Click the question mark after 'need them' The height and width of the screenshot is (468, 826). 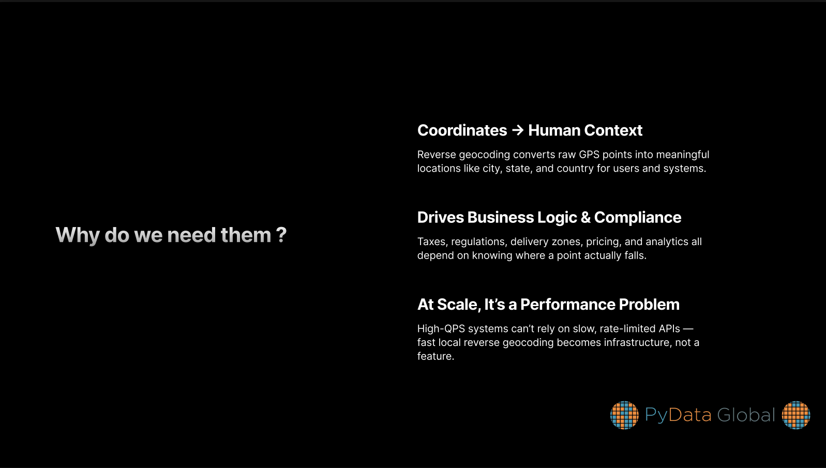point(281,235)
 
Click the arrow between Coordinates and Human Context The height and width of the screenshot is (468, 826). point(518,130)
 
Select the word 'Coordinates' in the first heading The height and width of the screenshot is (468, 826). point(462,130)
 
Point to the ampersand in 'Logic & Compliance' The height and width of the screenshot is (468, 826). point(585,217)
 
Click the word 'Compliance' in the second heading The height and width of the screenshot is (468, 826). point(638,218)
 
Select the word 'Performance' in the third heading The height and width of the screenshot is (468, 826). point(568,305)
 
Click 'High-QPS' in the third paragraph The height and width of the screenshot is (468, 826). point(441,328)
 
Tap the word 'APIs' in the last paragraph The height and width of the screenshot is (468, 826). point(669,328)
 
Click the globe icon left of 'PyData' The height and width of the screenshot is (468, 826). point(624,415)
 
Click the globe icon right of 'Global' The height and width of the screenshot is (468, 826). point(796,415)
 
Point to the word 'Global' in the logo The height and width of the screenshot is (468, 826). point(746,415)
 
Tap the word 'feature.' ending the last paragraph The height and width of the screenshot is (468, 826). point(435,356)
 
